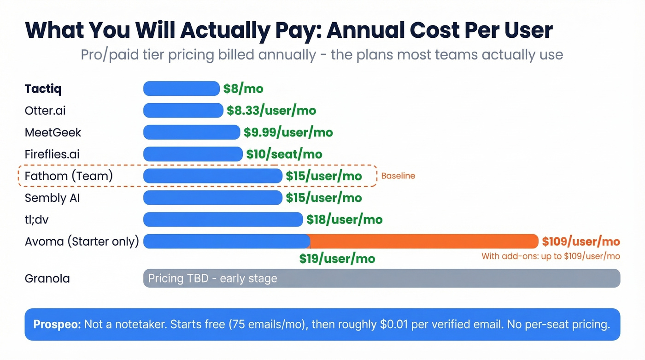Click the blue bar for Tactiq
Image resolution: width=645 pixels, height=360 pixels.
[x=182, y=89]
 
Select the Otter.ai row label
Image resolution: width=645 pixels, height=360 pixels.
[x=45, y=111]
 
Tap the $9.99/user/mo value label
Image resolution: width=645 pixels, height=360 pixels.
[x=288, y=132]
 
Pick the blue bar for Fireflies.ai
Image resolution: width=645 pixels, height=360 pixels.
[x=193, y=154]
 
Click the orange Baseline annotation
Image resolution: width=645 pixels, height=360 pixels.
[x=398, y=176]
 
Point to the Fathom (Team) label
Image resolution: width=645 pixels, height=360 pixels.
[x=69, y=176]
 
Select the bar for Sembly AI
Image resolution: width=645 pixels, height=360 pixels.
[x=213, y=198]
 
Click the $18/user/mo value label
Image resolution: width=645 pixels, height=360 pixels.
[x=345, y=219]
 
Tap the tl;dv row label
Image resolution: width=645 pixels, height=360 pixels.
[x=36, y=219]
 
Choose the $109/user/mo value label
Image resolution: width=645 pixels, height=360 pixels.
[x=580, y=241]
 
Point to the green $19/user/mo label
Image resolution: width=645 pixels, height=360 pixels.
[x=337, y=259]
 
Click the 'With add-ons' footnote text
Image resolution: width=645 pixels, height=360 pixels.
[x=551, y=256]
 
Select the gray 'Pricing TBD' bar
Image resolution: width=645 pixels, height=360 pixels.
[x=381, y=278]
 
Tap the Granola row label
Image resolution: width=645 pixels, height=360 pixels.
[x=47, y=278]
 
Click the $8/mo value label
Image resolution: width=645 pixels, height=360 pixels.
[x=243, y=89]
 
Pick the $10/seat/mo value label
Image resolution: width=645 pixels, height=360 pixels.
[x=284, y=154]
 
